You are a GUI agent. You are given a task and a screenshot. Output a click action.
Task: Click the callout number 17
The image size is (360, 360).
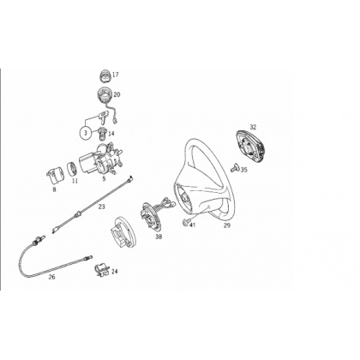click(x=115, y=75)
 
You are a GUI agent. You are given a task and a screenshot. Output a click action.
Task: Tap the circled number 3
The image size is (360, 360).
click(x=85, y=133)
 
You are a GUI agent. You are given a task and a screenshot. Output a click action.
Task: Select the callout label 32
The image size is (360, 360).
click(x=253, y=127)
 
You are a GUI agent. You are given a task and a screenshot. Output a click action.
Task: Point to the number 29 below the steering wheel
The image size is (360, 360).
click(x=226, y=225)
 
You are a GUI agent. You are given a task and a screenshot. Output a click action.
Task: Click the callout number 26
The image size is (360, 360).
click(x=51, y=277)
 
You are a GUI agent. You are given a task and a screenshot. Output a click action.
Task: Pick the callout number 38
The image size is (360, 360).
click(x=159, y=237)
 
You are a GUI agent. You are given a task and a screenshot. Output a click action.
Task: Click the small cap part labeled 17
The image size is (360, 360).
click(x=105, y=75)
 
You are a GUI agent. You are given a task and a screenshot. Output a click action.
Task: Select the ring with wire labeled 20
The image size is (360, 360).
click(x=105, y=94)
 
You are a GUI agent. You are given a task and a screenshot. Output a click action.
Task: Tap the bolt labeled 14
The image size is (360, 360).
click(x=102, y=133)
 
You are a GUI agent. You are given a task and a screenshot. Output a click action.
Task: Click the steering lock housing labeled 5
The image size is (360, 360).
click(x=101, y=159)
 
